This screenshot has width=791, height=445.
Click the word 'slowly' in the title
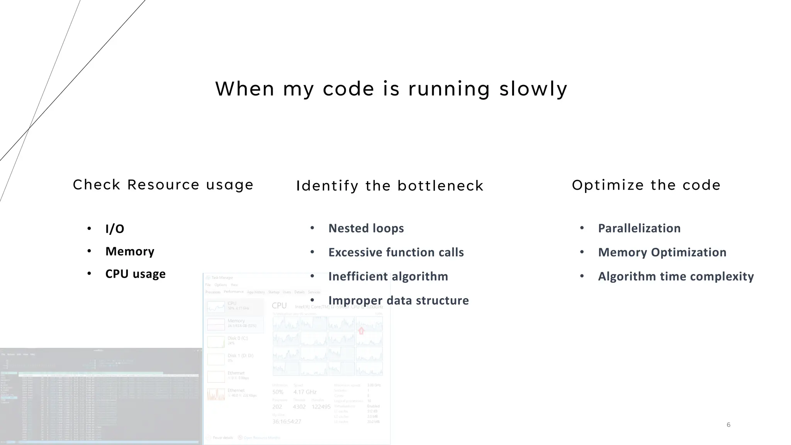click(x=533, y=89)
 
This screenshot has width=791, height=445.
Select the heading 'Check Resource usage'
click(x=163, y=185)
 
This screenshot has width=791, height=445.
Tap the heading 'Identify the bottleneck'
click(x=390, y=186)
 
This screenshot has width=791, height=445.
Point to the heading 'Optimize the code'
click(x=646, y=185)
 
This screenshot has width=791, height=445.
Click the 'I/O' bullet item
click(x=115, y=229)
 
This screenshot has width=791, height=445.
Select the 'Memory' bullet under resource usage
click(x=130, y=251)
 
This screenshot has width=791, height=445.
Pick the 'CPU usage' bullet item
click(x=135, y=274)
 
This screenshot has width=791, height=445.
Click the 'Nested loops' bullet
click(x=366, y=228)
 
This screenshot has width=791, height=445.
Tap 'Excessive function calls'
click(x=396, y=252)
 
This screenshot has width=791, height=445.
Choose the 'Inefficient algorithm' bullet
click(x=388, y=277)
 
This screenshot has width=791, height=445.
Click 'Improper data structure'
click(x=398, y=301)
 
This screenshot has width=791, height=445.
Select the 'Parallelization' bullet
click(x=639, y=228)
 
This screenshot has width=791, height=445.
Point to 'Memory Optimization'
click(x=662, y=252)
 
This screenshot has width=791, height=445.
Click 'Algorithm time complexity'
click(x=676, y=277)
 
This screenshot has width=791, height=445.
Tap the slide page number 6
click(x=728, y=425)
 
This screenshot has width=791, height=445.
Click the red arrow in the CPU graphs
click(x=361, y=331)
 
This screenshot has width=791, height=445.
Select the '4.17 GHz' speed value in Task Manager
click(x=305, y=392)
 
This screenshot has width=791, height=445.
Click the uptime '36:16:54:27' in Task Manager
click(x=287, y=421)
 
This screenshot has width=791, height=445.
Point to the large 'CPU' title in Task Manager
click(x=279, y=306)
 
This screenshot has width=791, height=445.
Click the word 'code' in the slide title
click(x=348, y=89)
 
